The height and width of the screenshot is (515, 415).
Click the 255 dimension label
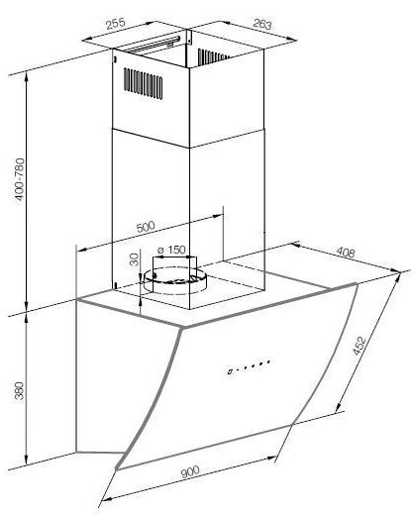click(x=116, y=24)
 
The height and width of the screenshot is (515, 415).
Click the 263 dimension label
click(x=262, y=24)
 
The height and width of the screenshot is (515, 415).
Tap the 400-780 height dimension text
click(x=20, y=179)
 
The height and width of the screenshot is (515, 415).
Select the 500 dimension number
click(x=146, y=227)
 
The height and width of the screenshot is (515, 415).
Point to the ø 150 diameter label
click(x=171, y=250)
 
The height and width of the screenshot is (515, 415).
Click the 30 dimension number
click(x=135, y=259)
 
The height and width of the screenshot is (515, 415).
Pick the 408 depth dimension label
click(x=346, y=253)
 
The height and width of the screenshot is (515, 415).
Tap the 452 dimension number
click(x=360, y=346)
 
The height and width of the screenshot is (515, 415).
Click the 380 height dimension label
click(x=20, y=391)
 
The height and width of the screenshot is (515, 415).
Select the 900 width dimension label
click(x=190, y=471)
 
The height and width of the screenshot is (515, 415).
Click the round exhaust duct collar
click(x=174, y=280)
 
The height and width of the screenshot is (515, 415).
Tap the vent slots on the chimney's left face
click(x=143, y=83)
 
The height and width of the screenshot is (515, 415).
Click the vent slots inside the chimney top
click(x=213, y=56)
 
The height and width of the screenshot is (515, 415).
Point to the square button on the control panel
click(x=230, y=371)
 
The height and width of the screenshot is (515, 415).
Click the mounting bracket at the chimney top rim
click(x=189, y=37)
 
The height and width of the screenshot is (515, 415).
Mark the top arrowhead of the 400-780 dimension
click(x=27, y=77)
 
